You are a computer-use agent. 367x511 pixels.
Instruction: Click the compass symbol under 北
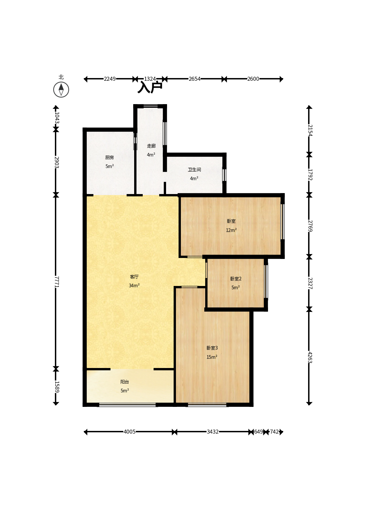pos(61,90)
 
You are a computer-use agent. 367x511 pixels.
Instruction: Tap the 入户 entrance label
pos(150,87)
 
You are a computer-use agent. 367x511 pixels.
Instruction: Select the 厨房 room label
pos(110,157)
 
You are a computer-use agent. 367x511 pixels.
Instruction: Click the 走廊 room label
pos(151,146)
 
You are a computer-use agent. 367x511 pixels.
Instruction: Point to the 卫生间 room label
pos(194,169)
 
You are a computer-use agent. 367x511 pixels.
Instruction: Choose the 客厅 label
pos(134,277)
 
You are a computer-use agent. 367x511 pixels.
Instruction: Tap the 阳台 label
pos(125,382)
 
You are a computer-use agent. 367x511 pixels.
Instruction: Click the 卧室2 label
pos(236,278)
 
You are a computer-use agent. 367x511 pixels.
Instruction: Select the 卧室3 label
pos(212,348)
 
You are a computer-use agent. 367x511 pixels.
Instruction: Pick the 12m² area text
pos(231,230)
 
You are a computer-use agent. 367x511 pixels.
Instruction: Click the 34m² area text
pos(134,286)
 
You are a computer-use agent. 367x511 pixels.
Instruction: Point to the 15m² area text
pos(212,357)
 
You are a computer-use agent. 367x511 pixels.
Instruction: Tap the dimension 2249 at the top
pos(110,79)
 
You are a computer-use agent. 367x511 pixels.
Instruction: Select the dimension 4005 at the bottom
pos(130,432)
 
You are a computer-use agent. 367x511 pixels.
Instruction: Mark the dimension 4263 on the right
pos(310,357)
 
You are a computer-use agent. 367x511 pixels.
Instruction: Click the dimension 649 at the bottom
pos(258,432)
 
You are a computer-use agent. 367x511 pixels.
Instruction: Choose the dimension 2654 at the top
pos(194,79)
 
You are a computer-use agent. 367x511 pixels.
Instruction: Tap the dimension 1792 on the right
pos(310,175)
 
